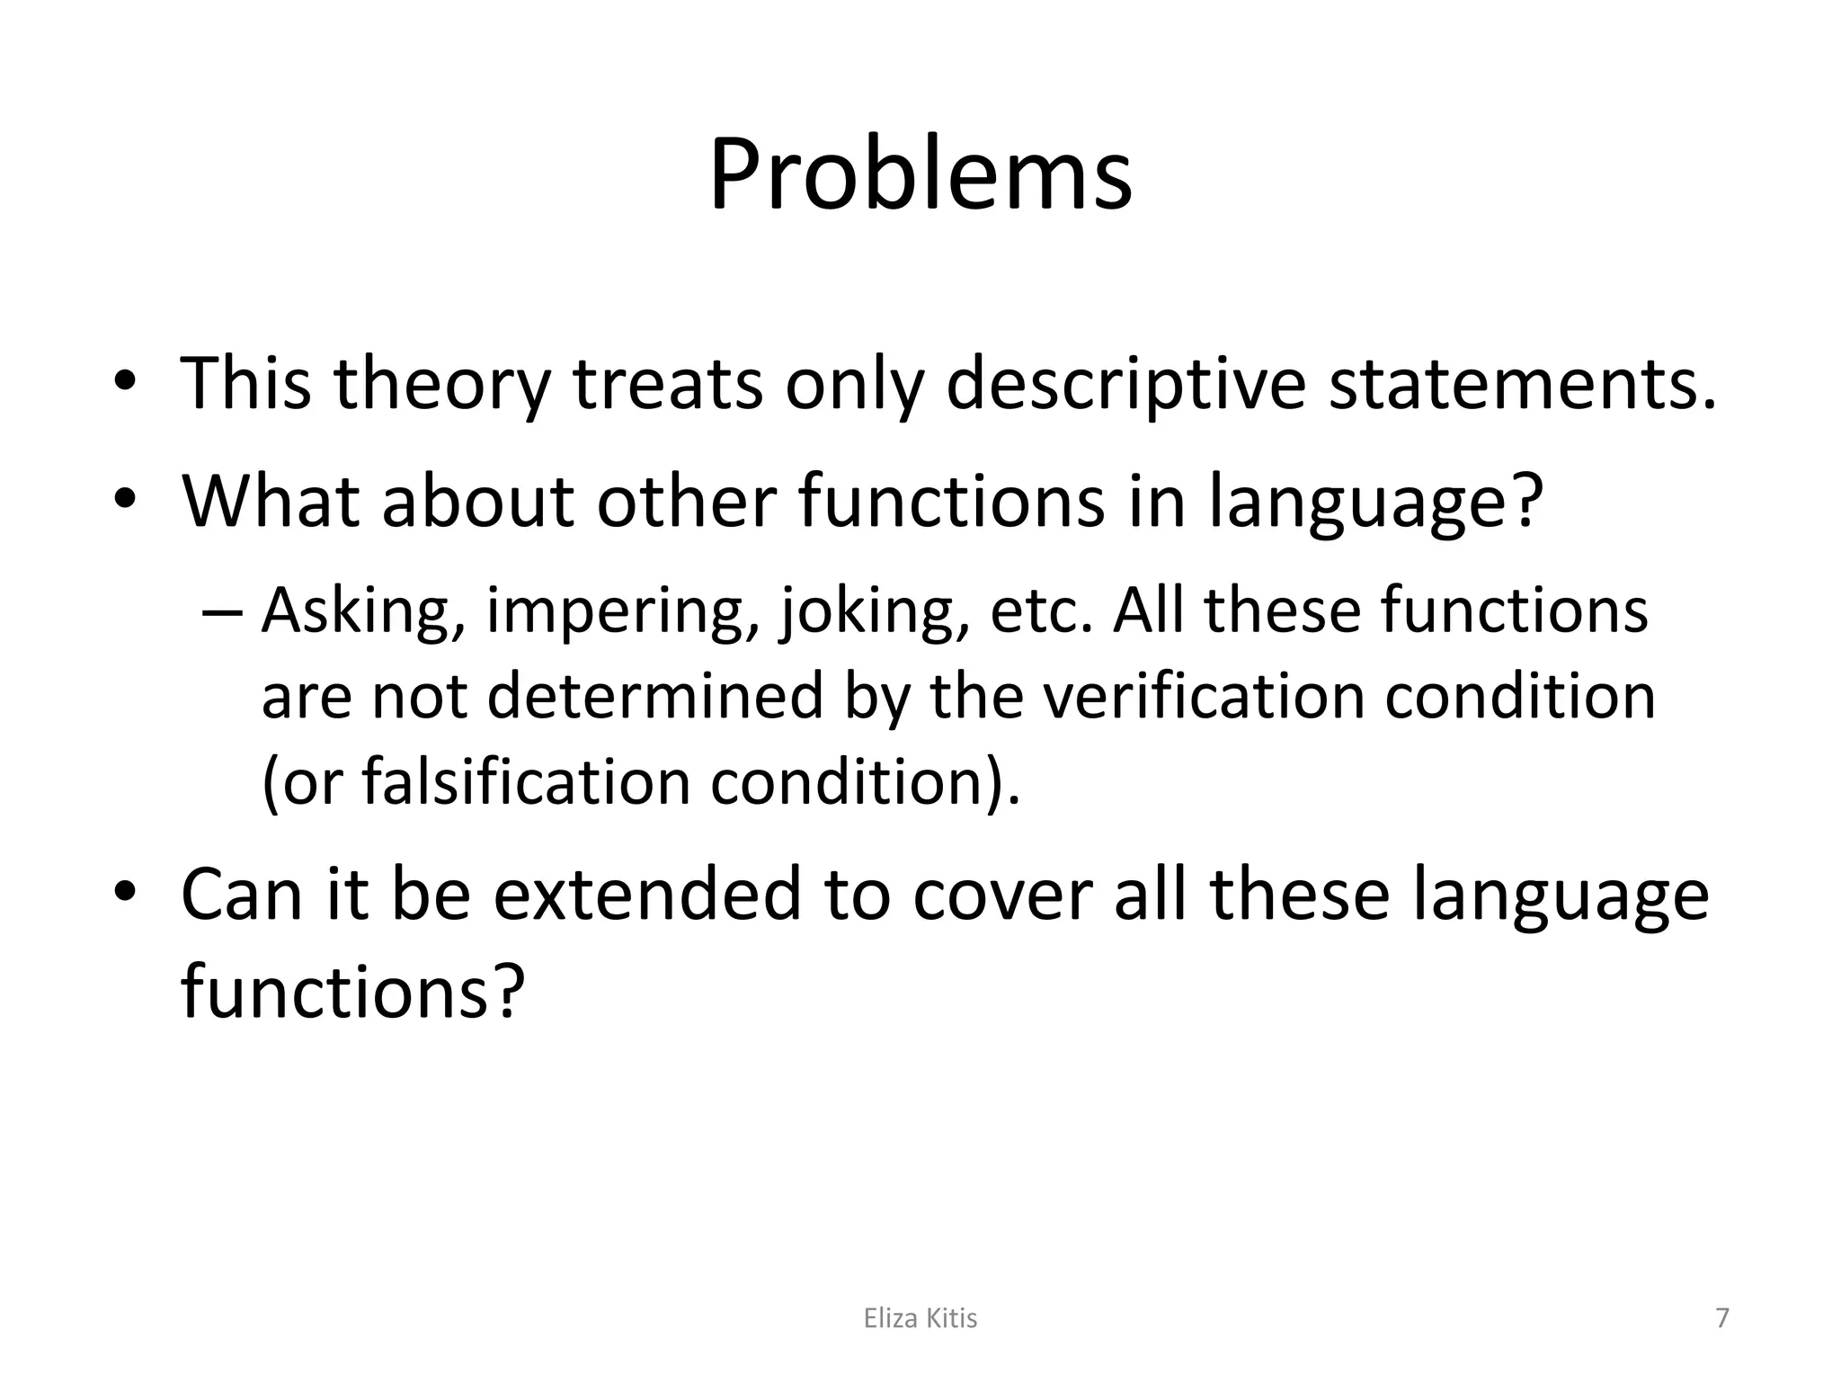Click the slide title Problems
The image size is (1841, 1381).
[x=920, y=174]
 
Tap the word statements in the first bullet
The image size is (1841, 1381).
[x=1522, y=384]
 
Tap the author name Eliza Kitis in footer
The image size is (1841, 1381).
[x=920, y=1318]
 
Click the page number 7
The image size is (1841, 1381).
[x=1721, y=1318]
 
